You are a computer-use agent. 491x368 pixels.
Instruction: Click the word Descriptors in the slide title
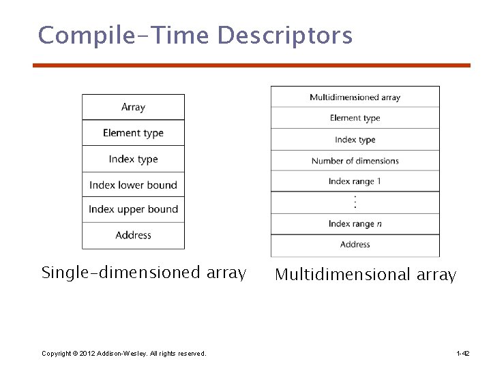click(x=284, y=35)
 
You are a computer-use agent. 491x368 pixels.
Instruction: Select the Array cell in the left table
click(x=133, y=107)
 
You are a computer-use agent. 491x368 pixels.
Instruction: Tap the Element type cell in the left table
click(x=133, y=133)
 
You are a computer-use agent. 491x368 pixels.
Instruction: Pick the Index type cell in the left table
click(x=133, y=159)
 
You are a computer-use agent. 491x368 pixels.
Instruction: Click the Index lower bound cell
click(x=133, y=185)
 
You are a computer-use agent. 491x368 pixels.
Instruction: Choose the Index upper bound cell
click(x=133, y=209)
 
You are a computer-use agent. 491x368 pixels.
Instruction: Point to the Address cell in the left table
click(x=133, y=235)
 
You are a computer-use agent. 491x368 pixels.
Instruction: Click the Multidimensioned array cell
click(x=355, y=97)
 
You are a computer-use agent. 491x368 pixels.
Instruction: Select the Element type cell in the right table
click(x=355, y=118)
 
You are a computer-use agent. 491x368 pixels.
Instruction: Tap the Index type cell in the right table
click(x=355, y=140)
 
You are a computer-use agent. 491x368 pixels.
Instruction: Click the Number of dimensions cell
click(x=355, y=161)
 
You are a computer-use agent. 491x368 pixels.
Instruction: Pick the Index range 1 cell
click(x=355, y=181)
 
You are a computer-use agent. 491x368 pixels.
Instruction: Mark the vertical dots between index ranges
click(x=355, y=202)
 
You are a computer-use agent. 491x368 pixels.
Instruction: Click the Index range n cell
click(x=355, y=224)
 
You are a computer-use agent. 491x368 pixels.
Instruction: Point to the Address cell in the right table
click(x=355, y=244)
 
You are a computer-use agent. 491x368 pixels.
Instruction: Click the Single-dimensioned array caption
click(x=143, y=273)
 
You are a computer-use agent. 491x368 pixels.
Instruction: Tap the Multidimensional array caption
click(x=365, y=275)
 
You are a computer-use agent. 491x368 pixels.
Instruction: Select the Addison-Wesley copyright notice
click(x=123, y=353)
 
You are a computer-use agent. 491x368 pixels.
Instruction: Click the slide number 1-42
click(x=462, y=353)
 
